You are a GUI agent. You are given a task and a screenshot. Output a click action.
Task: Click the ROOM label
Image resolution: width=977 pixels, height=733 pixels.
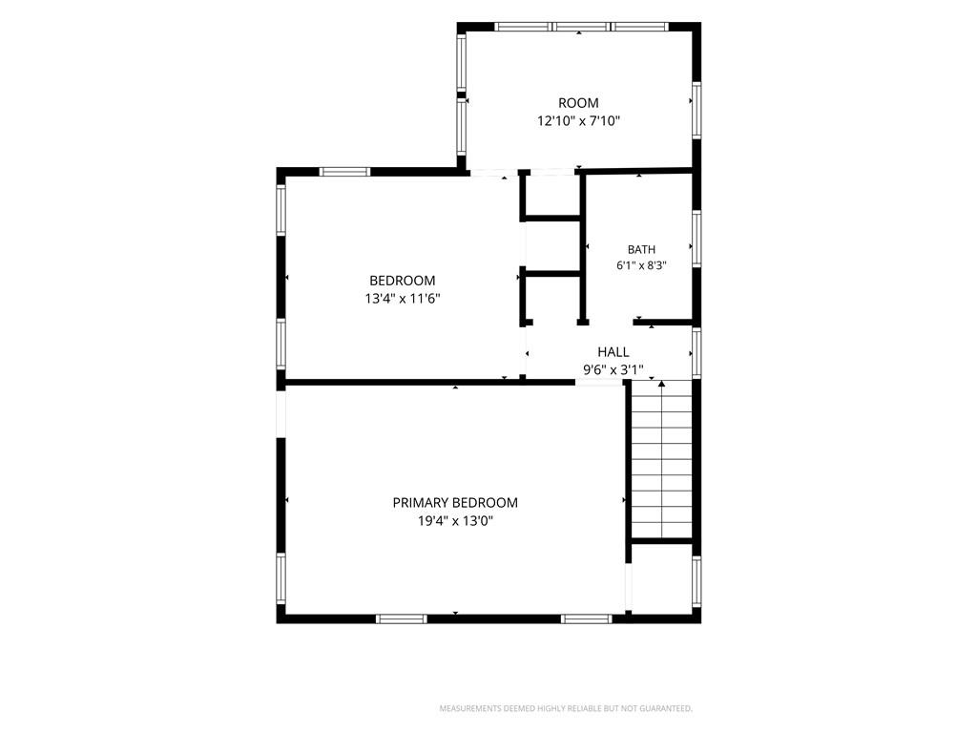pyautogui.click(x=578, y=103)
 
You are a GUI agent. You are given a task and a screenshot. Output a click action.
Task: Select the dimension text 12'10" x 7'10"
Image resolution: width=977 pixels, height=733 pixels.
pyautogui.click(x=578, y=121)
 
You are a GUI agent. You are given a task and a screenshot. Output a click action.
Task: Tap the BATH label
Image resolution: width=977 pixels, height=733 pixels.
pyautogui.click(x=641, y=249)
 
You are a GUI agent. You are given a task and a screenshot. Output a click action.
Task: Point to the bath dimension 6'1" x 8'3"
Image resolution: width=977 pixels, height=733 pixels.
pyautogui.click(x=641, y=265)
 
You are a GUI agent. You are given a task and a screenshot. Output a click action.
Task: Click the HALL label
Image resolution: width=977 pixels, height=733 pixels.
pyautogui.click(x=613, y=352)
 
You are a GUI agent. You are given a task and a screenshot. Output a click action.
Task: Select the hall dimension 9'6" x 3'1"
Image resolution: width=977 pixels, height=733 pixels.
pyautogui.click(x=613, y=370)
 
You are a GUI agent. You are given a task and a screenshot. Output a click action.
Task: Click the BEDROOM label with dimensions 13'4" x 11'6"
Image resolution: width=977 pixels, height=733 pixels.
pyautogui.click(x=402, y=281)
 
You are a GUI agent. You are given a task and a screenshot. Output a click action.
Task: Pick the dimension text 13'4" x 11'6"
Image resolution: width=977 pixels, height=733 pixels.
pyautogui.click(x=402, y=299)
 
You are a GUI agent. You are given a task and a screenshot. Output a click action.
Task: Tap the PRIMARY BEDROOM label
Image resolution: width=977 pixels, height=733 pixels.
pyautogui.click(x=455, y=502)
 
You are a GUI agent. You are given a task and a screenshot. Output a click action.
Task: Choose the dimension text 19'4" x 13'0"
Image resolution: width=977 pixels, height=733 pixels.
pyautogui.click(x=455, y=520)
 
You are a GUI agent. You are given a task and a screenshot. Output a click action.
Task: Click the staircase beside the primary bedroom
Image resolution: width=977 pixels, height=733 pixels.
pyautogui.click(x=662, y=459)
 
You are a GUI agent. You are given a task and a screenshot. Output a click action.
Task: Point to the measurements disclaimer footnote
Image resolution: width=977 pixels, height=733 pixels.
pyautogui.click(x=566, y=709)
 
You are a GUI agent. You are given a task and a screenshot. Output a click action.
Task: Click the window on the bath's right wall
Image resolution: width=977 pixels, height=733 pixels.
pyautogui.click(x=696, y=240)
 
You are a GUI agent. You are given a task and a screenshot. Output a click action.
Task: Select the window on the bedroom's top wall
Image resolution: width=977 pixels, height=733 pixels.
pyautogui.click(x=344, y=172)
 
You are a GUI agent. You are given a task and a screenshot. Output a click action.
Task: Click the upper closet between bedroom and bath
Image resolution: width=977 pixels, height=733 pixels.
pyautogui.click(x=552, y=196)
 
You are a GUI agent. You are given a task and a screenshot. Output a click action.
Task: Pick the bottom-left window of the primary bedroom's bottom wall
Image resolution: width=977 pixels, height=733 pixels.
pyautogui.click(x=402, y=618)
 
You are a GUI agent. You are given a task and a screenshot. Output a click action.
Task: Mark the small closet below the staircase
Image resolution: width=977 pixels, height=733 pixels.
pyautogui.click(x=662, y=579)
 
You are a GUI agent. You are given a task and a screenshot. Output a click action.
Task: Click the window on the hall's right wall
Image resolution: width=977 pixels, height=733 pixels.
pyautogui.click(x=696, y=352)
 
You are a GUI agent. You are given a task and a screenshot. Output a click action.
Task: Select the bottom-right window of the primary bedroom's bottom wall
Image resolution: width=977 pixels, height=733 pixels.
pyautogui.click(x=587, y=618)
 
